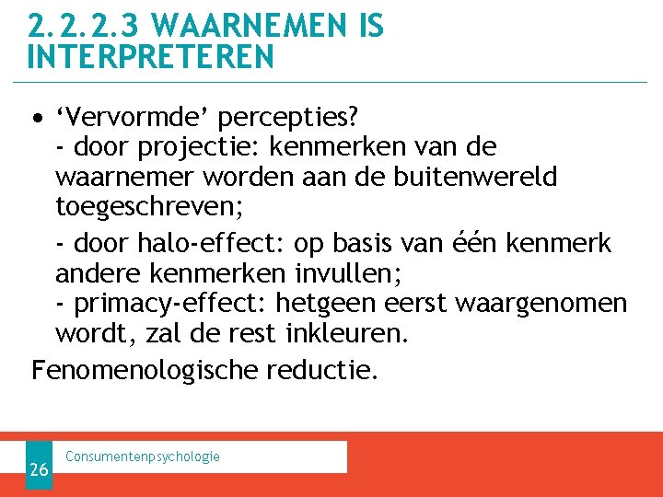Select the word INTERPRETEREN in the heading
[x=151, y=57]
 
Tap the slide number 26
[x=39, y=469]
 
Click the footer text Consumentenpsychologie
[x=143, y=457]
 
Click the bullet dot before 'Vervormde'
[x=37, y=119]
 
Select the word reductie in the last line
[x=321, y=370]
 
